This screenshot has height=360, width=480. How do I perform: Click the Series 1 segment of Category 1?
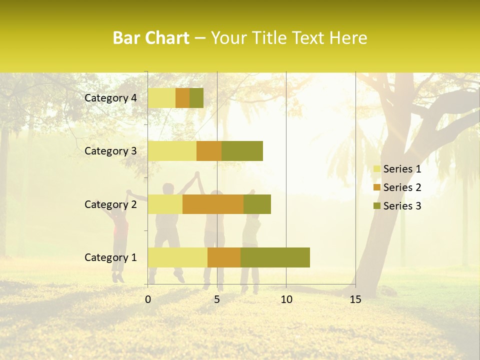(x=177, y=257)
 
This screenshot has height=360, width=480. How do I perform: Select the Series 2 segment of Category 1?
(x=224, y=257)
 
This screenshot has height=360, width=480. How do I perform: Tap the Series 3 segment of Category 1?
(x=275, y=257)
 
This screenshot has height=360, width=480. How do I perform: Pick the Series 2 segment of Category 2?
(x=213, y=204)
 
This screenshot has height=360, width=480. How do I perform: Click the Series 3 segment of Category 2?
(x=257, y=204)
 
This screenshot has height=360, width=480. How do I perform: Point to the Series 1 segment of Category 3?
(x=172, y=151)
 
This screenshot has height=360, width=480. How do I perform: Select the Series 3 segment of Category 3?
(x=242, y=151)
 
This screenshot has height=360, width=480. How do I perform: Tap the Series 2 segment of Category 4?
(x=182, y=98)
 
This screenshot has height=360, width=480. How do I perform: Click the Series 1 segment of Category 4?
(x=161, y=98)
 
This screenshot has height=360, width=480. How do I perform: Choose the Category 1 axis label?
(x=110, y=257)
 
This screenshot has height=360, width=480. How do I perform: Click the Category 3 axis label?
(x=110, y=151)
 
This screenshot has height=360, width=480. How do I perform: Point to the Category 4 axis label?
(x=110, y=98)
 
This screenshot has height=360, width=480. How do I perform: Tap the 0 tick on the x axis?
(x=148, y=299)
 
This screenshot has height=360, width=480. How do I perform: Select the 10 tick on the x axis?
(x=286, y=299)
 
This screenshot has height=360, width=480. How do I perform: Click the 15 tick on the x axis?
(x=355, y=299)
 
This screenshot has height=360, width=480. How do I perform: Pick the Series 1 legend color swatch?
(x=376, y=169)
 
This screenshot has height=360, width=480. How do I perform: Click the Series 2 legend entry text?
(x=402, y=187)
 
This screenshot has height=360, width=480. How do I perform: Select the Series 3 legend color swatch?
(x=376, y=206)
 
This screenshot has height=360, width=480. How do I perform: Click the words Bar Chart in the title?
(x=151, y=38)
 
